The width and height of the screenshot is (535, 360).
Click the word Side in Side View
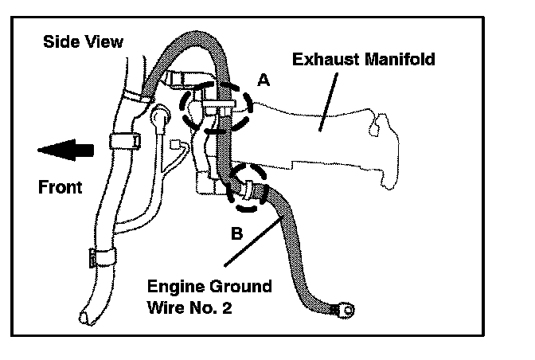tap(61, 41)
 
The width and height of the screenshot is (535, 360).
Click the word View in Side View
tap(103, 41)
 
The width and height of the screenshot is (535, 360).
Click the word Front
tap(61, 187)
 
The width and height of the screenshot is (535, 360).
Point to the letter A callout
tap(264, 79)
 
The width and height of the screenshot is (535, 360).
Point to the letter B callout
tap(236, 234)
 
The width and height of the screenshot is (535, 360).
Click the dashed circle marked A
tap(216, 108)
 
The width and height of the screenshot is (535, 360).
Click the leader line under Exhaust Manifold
tap(327, 99)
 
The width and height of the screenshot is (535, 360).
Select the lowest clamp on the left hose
tap(101, 256)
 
